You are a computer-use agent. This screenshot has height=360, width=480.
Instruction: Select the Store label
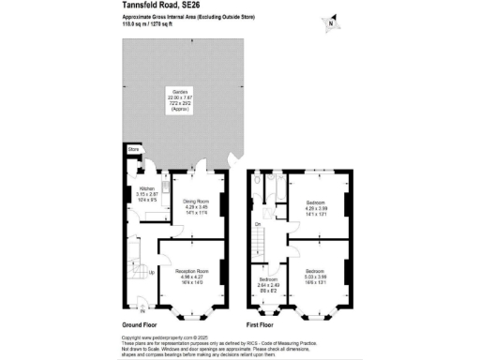[134, 148]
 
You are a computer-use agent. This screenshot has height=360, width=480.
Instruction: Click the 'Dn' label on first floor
[257, 225]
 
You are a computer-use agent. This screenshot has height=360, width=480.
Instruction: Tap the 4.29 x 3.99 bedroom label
[319, 206]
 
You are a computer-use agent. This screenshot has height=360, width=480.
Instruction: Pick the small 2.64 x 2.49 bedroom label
[268, 284]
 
